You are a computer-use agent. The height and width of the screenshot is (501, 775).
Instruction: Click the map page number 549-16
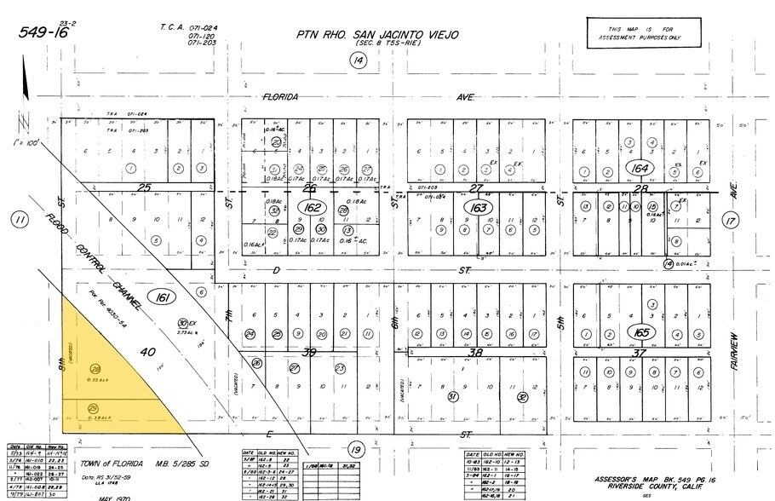point(43,32)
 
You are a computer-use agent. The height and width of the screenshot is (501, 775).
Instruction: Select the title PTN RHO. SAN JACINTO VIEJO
point(377,35)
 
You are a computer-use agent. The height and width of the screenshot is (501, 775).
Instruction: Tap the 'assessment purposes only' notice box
point(644,33)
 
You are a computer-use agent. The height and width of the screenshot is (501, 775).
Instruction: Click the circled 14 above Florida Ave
point(357,60)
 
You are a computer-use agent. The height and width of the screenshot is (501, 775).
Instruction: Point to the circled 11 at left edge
point(19,221)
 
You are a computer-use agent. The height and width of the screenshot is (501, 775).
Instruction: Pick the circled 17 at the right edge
point(730,221)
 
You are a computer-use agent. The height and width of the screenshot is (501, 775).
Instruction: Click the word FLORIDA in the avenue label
point(280,97)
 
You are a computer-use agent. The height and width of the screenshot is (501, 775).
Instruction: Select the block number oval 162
point(309,207)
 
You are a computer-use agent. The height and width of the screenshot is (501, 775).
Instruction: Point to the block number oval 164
point(640,168)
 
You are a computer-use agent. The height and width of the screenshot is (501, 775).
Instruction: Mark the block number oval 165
point(639,331)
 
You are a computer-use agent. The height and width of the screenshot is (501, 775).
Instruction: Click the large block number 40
point(147,351)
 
